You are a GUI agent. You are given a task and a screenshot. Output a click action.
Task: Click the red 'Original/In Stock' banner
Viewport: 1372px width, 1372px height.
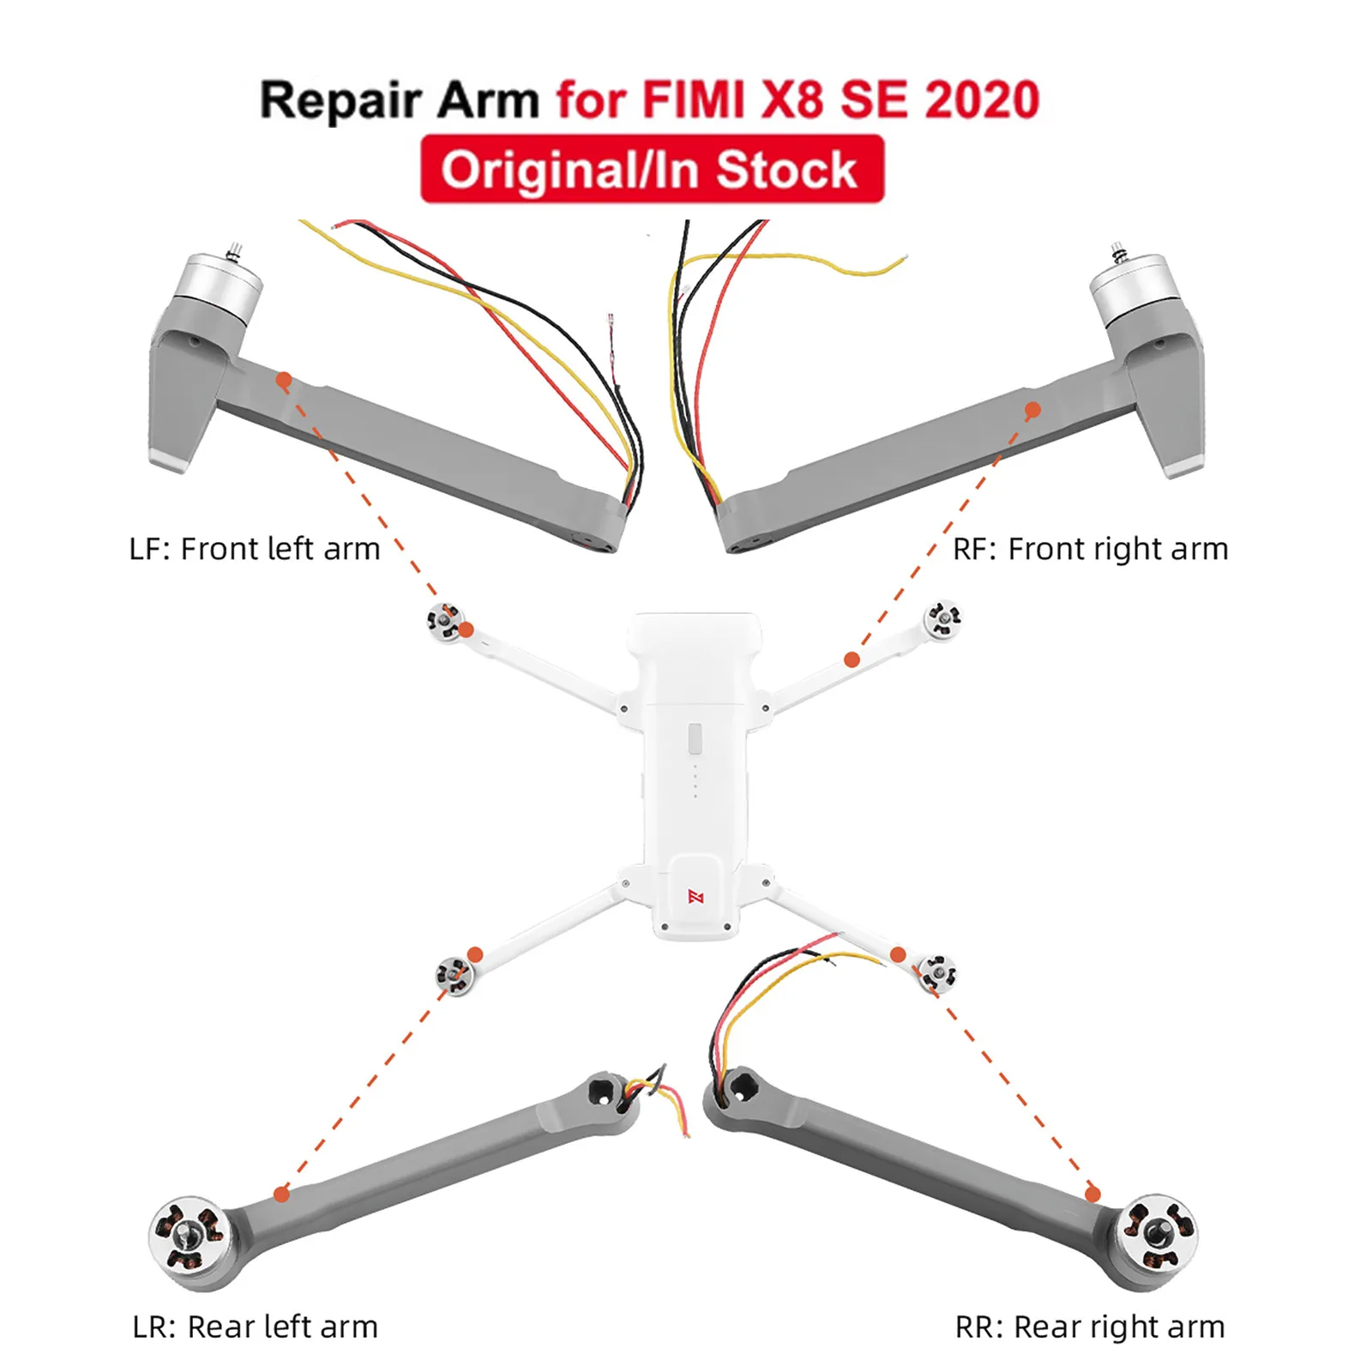pyautogui.click(x=652, y=169)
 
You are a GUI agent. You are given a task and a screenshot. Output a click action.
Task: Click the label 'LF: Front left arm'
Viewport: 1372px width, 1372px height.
pyautogui.click(x=255, y=549)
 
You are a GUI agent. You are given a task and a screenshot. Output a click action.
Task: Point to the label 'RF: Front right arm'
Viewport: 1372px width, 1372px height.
pyautogui.click(x=1091, y=549)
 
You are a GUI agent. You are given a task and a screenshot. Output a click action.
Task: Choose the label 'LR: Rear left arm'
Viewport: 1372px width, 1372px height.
pyautogui.click(x=255, y=1327)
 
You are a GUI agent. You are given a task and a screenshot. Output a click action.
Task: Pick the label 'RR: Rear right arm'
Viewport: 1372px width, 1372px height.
pyautogui.click(x=1090, y=1327)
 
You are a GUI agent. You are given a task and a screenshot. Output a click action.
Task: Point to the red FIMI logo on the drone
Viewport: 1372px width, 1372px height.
pyautogui.click(x=695, y=897)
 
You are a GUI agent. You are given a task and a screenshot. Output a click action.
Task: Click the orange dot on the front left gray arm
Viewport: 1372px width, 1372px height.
pyautogui.click(x=284, y=379)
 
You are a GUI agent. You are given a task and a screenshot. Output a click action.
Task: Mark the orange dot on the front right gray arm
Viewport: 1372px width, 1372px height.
pyautogui.click(x=1033, y=410)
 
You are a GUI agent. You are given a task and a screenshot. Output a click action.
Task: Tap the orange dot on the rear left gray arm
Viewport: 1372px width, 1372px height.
pyautogui.click(x=281, y=1194)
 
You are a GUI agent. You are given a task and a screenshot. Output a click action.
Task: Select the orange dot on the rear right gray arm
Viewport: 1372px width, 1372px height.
pyautogui.click(x=1092, y=1194)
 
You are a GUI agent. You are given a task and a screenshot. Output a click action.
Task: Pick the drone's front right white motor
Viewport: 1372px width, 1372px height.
pyautogui.click(x=942, y=617)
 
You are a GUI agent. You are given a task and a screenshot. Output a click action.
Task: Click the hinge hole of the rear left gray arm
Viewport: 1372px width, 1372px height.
pyautogui.click(x=600, y=1092)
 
